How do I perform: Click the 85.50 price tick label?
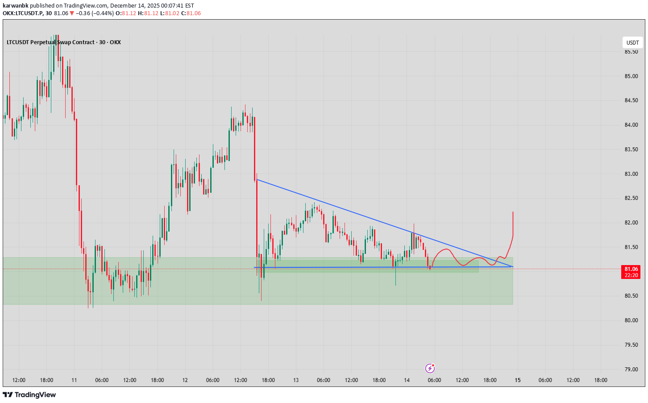click(631, 52)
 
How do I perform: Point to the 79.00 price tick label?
click(631, 369)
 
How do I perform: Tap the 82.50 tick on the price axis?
click(631, 198)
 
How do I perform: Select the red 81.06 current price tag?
click(631, 269)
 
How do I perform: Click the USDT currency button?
click(632, 43)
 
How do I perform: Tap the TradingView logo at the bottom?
click(29, 395)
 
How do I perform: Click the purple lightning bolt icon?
click(430, 368)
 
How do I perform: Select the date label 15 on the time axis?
click(517, 380)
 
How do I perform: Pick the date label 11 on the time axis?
click(74, 380)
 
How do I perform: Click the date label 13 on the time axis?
click(296, 380)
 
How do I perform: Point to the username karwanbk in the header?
click(16, 6)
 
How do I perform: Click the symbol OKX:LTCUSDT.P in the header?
click(22, 13)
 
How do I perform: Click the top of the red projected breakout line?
click(513, 212)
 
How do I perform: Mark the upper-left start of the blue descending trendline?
click(257, 179)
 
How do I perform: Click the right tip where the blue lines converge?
click(513, 267)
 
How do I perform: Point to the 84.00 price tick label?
click(631, 125)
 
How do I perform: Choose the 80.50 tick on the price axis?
click(631, 296)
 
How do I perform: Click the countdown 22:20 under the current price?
click(631, 275)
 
